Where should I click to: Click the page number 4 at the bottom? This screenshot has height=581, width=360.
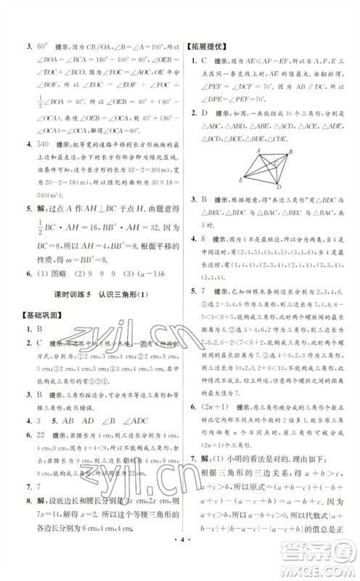(x=179, y=565)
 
